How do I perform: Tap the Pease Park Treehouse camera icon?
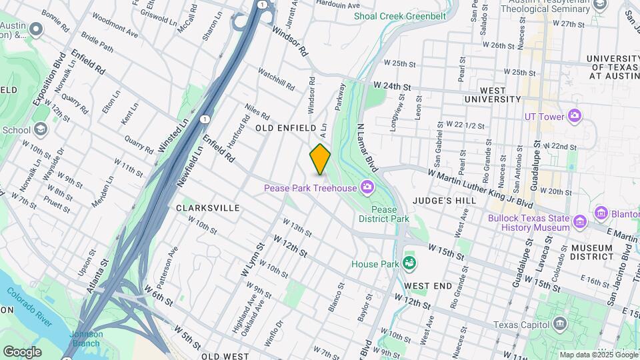pyautogui.click(x=367, y=187)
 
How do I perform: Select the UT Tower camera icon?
pyautogui.click(x=575, y=117)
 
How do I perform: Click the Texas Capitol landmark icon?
pyautogui.click(x=560, y=325)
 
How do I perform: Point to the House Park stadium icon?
pyautogui.click(x=409, y=264)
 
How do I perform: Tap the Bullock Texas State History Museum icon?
pyautogui.click(x=579, y=221)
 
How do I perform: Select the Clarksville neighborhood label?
pyautogui.click(x=208, y=208)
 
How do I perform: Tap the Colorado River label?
pyautogui.click(x=30, y=306)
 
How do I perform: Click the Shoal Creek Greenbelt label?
pyautogui.click(x=395, y=15)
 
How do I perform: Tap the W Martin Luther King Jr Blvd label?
pyautogui.click(x=481, y=189)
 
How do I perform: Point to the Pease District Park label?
pyautogui.click(x=389, y=213)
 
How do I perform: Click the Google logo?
pyautogui.click(x=22, y=351)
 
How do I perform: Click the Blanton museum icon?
pyautogui.click(x=601, y=213)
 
